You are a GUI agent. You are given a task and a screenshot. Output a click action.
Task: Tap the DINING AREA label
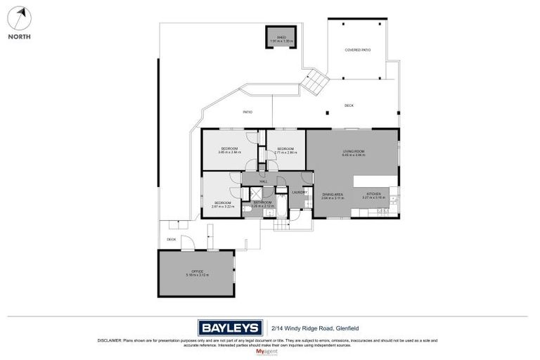click(x=332, y=195)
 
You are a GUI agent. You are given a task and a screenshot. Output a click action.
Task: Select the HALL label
click(x=264, y=182)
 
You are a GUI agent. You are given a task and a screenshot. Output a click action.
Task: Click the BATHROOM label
click(x=262, y=203)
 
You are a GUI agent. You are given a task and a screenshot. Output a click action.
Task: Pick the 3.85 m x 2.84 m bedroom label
click(x=229, y=150)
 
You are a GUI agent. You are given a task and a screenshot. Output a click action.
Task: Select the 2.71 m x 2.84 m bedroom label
click(x=285, y=150)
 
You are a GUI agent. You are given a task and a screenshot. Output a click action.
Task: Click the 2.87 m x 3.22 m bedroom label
click(x=222, y=205)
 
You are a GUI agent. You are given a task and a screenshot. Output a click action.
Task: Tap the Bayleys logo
click(x=230, y=327)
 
